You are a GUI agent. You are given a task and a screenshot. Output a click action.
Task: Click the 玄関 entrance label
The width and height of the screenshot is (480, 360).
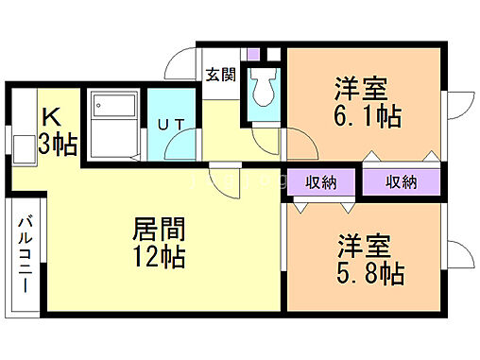220,75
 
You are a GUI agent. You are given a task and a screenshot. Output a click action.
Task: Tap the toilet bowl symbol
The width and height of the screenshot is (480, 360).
263,87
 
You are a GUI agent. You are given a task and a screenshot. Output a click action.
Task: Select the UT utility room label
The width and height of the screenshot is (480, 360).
171,125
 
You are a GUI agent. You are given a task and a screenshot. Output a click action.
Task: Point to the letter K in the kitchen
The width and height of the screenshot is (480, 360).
51,117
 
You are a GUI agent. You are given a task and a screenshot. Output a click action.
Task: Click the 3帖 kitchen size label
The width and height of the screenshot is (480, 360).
58,145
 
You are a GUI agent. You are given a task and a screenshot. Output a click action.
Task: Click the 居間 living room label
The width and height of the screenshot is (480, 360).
159,229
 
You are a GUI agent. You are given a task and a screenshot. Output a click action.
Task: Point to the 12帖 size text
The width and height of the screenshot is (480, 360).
159,257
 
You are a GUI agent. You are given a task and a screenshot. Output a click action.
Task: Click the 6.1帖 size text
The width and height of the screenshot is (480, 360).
368,116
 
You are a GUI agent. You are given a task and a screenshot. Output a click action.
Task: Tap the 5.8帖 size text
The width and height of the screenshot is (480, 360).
370,273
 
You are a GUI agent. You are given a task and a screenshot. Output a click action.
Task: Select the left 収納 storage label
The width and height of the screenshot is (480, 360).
321,182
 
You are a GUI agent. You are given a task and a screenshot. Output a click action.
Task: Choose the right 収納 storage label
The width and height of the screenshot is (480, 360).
402,182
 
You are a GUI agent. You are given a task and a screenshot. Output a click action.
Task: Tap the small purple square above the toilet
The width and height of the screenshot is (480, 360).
253,54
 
